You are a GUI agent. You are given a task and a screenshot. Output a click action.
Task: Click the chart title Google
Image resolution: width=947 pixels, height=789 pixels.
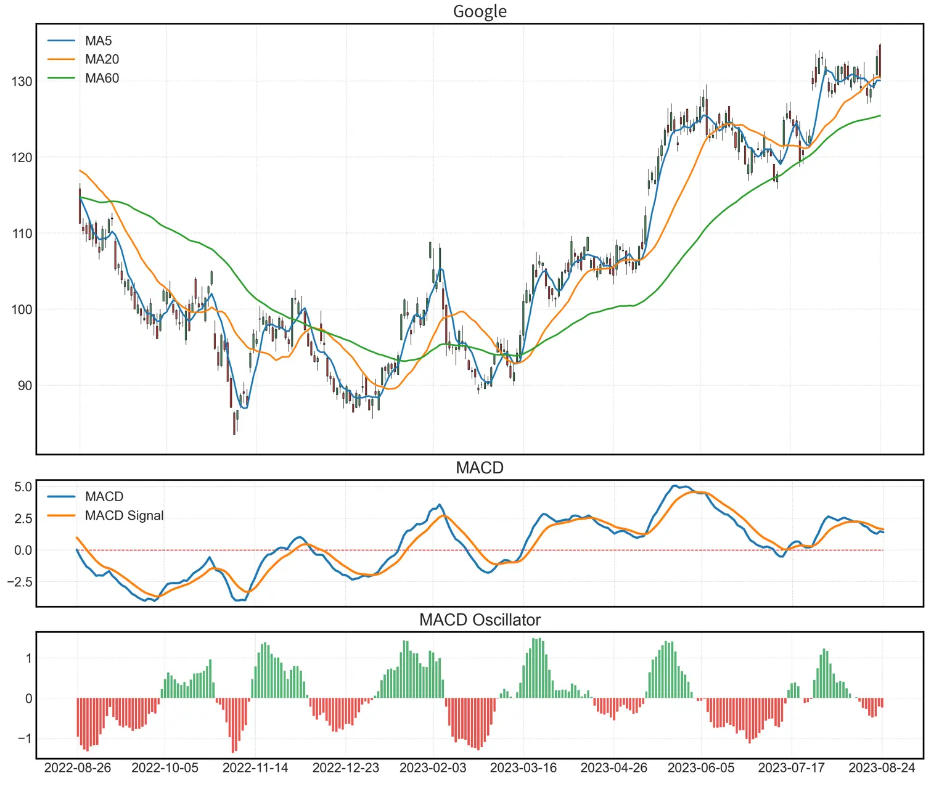[480, 11]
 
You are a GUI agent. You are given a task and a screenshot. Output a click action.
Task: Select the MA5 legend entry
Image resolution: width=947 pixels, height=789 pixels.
[98, 41]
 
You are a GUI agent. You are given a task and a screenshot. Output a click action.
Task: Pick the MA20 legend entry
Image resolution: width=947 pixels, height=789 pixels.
[102, 59]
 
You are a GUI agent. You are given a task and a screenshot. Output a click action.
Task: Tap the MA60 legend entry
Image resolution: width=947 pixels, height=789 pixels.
[102, 78]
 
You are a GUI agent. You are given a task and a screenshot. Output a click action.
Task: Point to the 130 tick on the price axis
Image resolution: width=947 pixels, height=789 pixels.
[22, 81]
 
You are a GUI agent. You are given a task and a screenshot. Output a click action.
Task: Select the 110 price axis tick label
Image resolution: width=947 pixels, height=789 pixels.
[22, 234]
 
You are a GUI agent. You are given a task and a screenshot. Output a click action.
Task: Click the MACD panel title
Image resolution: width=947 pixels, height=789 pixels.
[480, 468]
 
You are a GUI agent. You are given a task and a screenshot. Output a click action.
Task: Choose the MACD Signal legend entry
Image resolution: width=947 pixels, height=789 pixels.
[124, 515]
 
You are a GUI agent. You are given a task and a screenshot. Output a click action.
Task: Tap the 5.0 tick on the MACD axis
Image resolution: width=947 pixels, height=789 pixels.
[23, 487]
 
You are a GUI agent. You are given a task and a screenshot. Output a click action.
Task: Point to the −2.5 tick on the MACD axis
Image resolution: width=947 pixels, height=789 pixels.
[19, 582]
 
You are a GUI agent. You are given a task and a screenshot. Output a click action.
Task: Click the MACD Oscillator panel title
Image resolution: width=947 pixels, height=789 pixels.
[480, 620]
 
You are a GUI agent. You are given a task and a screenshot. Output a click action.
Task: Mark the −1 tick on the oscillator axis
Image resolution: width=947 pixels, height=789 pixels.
[25, 738]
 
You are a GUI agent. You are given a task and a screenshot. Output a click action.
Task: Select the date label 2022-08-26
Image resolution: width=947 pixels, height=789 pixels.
[78, 768]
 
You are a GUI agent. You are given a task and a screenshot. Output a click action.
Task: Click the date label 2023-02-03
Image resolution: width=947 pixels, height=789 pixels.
[433, 768]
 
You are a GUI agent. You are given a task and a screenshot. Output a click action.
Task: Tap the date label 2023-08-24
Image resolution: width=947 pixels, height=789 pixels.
[882, 768]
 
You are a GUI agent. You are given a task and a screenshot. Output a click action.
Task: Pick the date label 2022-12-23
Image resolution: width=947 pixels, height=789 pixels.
[346, 768]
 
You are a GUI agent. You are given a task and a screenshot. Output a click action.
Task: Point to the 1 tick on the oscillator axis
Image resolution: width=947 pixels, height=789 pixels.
[28, 658]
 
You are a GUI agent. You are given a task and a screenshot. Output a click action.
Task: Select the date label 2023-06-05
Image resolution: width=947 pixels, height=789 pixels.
[701, 768]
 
